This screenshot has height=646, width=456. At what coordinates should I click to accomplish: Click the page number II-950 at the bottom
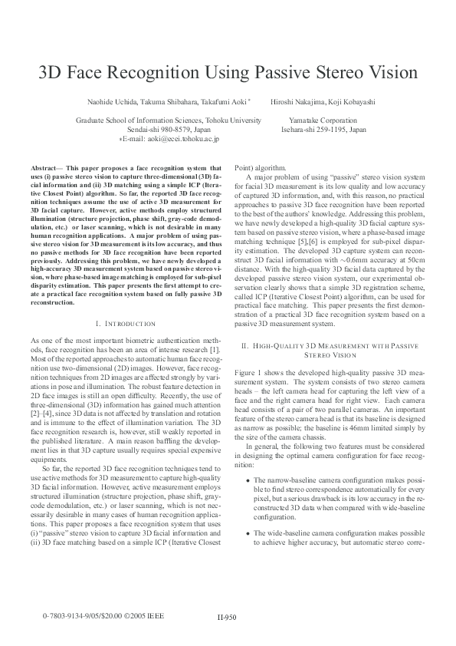(x=227, y=617)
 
